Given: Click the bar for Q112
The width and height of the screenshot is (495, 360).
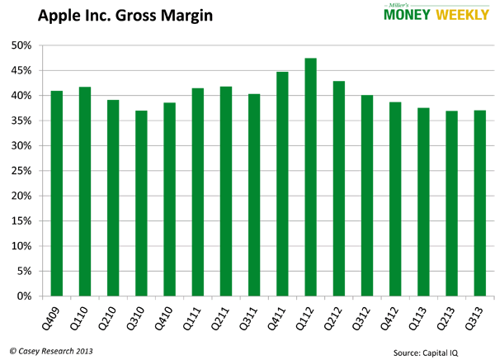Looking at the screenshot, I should [310, 177].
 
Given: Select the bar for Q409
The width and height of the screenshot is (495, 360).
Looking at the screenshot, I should [57, 193].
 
